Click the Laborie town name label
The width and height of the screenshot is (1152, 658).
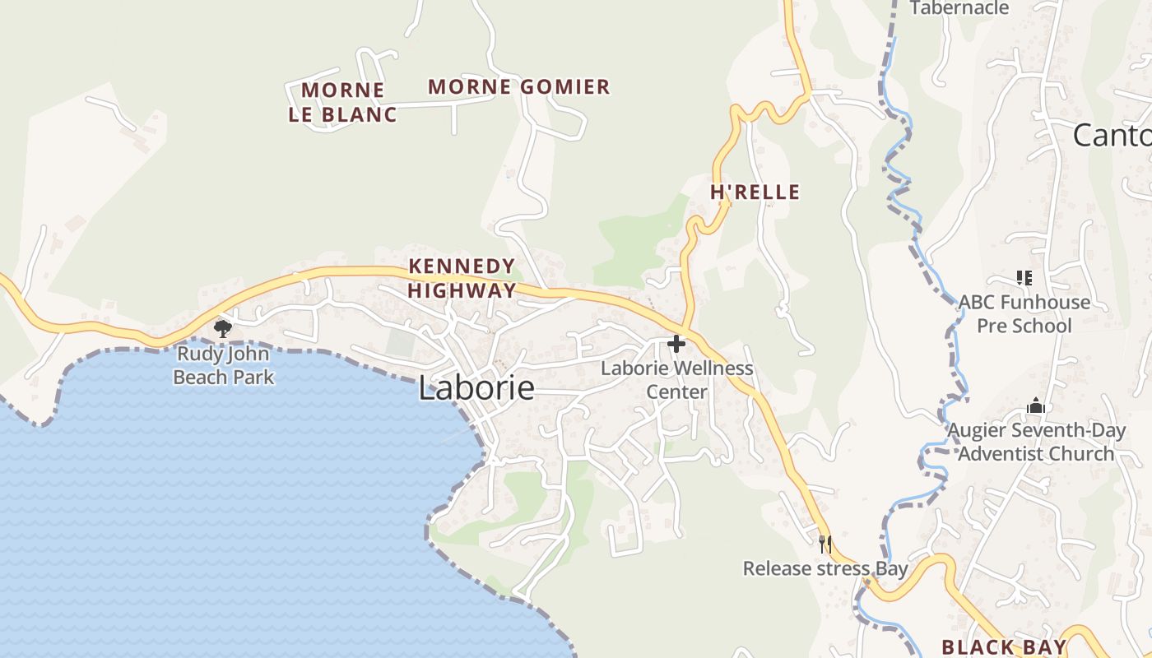point(476,388)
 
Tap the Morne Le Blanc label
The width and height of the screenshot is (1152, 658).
point(342,102)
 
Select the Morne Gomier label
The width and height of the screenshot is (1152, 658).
point(519,86)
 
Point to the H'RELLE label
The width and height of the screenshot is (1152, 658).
point(755,192)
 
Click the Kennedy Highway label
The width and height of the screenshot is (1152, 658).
point(462,278)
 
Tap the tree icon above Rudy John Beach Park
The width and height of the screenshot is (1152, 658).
point(222,329)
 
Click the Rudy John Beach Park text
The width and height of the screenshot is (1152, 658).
point(224,366)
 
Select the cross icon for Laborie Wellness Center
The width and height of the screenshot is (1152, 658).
point(676,344)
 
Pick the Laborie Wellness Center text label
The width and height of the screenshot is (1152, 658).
point(676,379)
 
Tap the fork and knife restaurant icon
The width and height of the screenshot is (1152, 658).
point(825,544)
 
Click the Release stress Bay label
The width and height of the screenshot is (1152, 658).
point(825,568)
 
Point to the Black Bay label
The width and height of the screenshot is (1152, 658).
point(1004,646)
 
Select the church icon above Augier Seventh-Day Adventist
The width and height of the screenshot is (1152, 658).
point(1036,405)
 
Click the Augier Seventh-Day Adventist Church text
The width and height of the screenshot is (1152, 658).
point(1036,442)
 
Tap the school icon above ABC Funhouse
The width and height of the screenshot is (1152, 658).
point(1024,278)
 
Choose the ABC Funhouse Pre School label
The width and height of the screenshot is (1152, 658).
point(1024,313)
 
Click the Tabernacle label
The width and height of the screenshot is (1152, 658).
point(959,8)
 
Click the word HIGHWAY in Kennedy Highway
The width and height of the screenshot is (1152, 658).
point(462,290)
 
